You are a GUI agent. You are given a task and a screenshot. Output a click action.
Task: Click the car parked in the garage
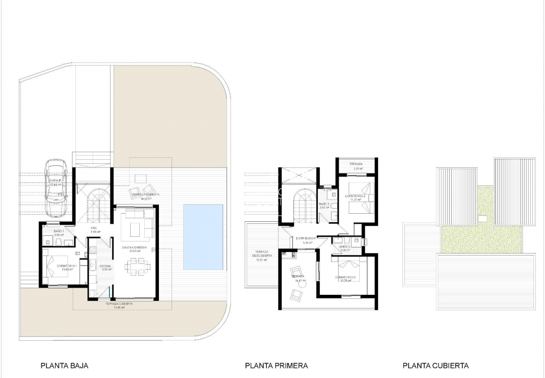[56, 187]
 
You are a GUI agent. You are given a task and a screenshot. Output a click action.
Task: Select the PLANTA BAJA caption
[61, 366]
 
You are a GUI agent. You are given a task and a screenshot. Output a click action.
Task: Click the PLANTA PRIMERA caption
[276, 366]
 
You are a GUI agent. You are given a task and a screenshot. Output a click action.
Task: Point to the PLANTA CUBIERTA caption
[435, 366]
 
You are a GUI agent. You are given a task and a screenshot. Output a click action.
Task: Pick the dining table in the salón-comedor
[135, 266]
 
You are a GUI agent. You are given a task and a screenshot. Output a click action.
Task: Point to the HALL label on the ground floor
[94, 228]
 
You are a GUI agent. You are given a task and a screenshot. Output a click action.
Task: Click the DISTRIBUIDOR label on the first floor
[306, 238]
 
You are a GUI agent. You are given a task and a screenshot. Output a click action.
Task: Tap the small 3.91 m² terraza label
[355, 165]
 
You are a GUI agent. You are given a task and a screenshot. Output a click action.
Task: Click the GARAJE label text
[56, 180]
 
